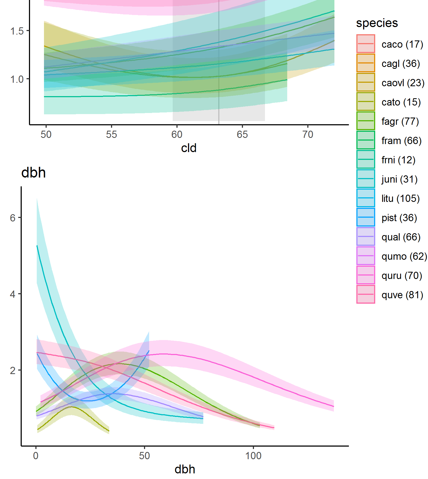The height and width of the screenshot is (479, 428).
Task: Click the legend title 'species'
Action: coord(377,23)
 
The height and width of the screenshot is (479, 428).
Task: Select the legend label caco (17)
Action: coord(402,44)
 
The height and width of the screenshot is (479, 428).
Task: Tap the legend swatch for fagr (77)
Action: coord(366,121)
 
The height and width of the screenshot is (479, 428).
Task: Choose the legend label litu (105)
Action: coord(400,198)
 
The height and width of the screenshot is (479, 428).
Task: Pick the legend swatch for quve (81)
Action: coord(366,294)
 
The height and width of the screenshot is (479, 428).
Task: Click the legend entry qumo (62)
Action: coord(404,256)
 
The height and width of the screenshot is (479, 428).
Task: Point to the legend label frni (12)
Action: coord(398,160)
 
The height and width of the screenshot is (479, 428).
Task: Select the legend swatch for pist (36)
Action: coord(366,217)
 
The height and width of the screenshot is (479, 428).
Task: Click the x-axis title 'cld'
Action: coord(189,148)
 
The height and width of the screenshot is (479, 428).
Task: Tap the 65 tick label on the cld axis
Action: coord(242,134)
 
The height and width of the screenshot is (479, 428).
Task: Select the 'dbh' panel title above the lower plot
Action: coord(34,173)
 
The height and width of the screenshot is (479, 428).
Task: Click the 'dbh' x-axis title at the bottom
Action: coord(185,469)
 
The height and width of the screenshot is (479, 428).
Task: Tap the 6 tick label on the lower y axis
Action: coord(13,218)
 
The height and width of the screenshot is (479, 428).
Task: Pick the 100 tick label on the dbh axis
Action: coord(253,456)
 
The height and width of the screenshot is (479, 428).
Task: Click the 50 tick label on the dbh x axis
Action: coord(144,456)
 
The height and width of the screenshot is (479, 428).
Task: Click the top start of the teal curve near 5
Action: coord(37,246)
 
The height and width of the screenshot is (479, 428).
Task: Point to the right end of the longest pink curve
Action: coord(334,406)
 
